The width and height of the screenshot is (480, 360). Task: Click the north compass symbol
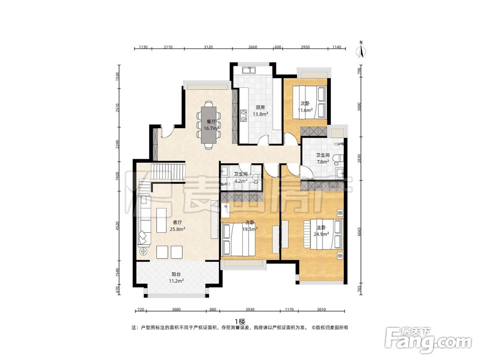point(361,49)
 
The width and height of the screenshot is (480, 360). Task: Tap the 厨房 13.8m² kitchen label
point(261,111)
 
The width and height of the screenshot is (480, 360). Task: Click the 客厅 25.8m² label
point(177,226)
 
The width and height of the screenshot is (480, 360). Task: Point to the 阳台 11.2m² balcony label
point(176,277)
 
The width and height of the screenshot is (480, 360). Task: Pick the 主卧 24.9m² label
point(321,231)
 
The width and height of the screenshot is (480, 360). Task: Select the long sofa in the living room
point(144,220)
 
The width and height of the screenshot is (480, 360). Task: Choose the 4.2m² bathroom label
point(241,177)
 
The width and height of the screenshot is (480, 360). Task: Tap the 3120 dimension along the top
point(208,47)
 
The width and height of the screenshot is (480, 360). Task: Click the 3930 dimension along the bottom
point(250,310)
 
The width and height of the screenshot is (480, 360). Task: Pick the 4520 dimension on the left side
point(118,227)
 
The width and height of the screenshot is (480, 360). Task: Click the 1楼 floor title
point(240,322)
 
